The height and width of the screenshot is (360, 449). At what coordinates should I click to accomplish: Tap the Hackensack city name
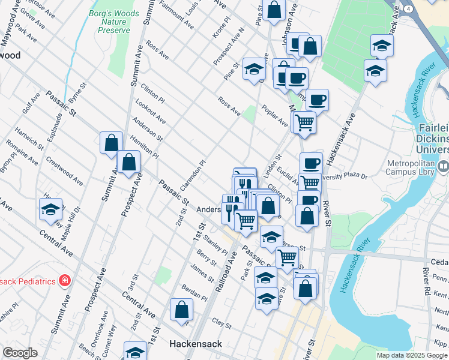[x=196, y=344]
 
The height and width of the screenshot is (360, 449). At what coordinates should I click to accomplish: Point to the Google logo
[x=20, y=353]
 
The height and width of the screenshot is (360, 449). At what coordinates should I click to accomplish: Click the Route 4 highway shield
[x=408, y=9]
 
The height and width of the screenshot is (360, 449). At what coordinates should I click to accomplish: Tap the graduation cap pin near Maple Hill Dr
[x=50, y=209]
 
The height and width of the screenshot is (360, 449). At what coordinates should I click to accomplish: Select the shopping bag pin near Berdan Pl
[x=181, y=310]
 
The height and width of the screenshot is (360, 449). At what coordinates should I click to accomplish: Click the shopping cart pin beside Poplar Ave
[x=304, y=122]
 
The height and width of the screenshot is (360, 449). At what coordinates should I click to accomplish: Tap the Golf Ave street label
[x=31, y=103]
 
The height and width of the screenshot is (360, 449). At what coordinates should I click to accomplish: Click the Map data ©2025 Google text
[x=411, y=355]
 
